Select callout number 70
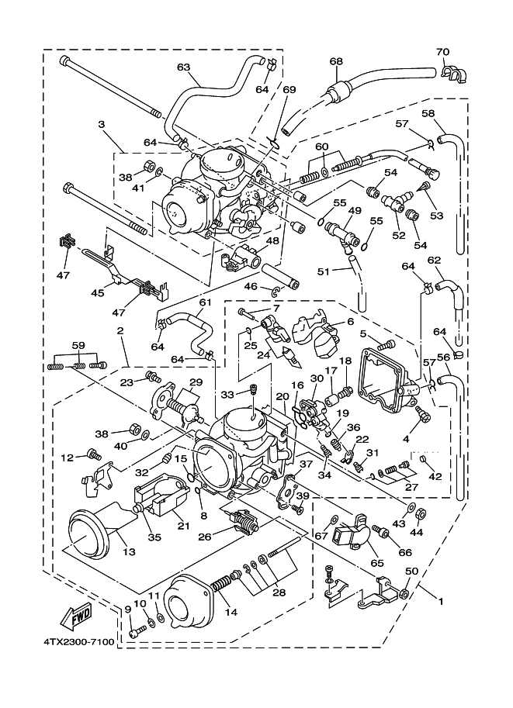(x=442, y=53)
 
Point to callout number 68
(x=335, y=61)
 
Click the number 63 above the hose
(x=183, y=67)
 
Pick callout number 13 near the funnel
(x=129, y=551)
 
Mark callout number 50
(x=412, y=572)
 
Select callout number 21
(x=183, y=527)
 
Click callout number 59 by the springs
(x=78, y=346)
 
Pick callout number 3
(x=101, y=124)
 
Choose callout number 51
(x=324, y=271)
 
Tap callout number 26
(x=205, y=535)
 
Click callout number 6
(x=350, y=321)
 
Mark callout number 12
(x=68, y=456)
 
